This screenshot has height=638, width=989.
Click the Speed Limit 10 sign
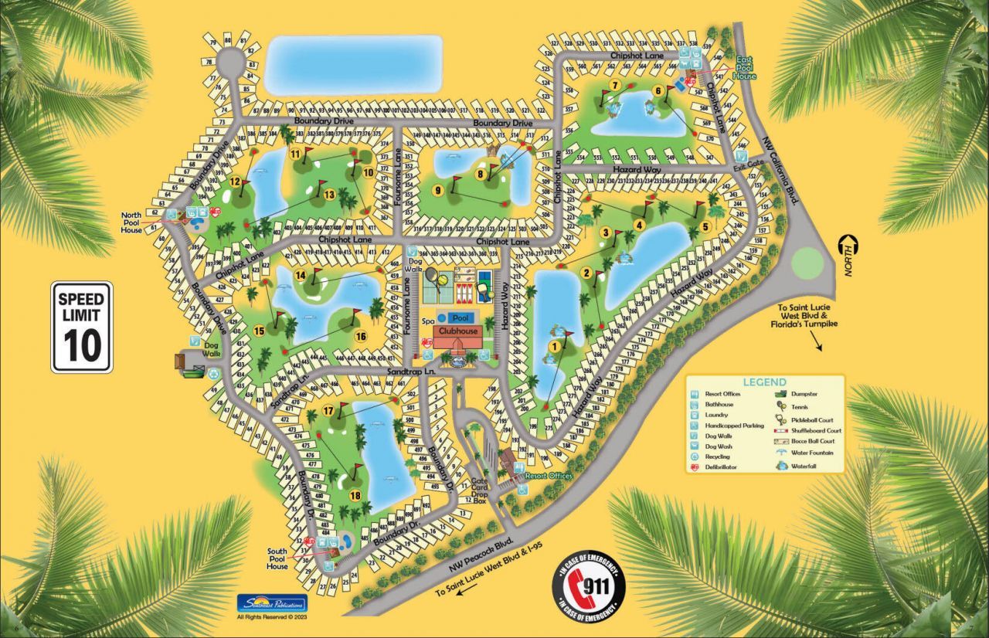(82, 327)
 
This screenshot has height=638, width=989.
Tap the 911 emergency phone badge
(588, 588)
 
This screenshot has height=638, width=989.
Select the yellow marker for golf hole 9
(438, 191)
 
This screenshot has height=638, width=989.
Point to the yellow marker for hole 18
(355, 496)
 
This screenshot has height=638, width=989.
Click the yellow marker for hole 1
(553, 347)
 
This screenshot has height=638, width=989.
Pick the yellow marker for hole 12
(233, 182)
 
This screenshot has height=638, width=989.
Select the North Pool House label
(131, 222)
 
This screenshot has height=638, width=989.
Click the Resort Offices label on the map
(548, 476)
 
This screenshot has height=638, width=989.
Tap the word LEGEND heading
(764, 382)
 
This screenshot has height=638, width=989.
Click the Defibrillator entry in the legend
(720, 467)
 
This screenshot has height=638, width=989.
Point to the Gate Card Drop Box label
(481, 491)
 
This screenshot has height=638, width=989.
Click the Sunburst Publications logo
(271, 603)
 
